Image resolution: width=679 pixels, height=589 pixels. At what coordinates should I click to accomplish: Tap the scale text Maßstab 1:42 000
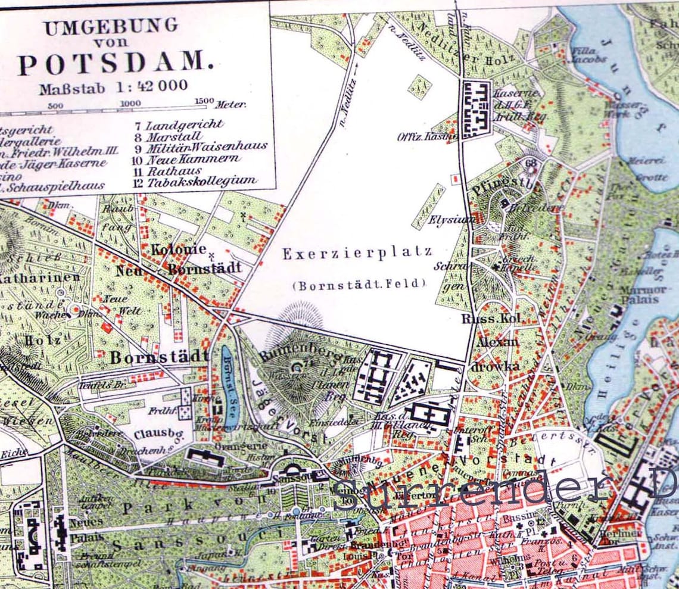click(114, 88)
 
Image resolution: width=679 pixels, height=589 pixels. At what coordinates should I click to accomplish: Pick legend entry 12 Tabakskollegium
click(195, 181)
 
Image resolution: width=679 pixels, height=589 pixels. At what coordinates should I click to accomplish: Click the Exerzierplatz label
click(357, 253)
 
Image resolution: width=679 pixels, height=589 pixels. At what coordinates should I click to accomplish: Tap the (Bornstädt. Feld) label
click(359, 285)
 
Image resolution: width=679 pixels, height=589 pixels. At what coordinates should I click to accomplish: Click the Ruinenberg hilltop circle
click(296, 367)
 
